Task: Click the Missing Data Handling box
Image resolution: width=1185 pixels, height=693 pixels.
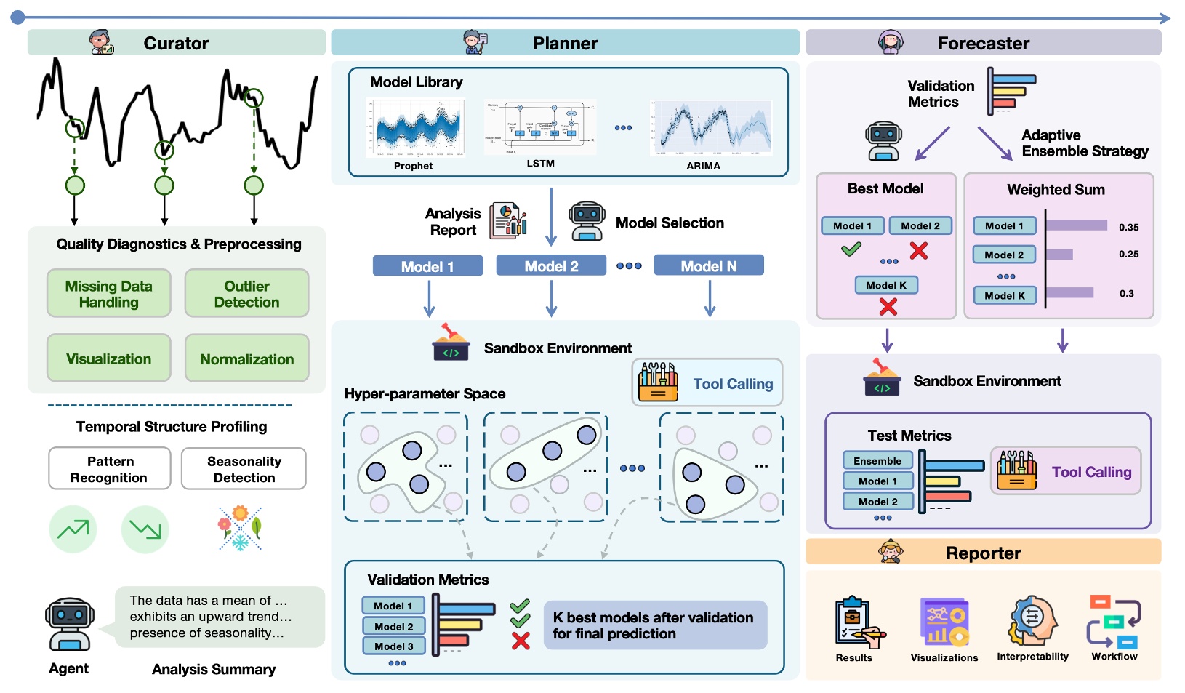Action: (x=109, y=294)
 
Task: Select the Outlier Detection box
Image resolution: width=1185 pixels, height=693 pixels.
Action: (x=246, y=294)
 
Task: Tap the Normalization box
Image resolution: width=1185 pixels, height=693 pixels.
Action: (x=246, y=358)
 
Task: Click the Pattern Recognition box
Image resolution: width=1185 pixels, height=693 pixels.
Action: (x=109, y=469)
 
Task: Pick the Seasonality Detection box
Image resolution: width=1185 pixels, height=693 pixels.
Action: (x=244, y=469)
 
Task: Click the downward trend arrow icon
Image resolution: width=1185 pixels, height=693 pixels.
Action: (x=145, y=529)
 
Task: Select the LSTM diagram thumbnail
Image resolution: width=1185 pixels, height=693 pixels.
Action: (x=540, y=127)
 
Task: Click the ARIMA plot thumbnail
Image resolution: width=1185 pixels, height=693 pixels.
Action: (x=711, y=128)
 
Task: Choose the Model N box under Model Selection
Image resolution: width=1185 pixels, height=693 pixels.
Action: (x=708, y=266)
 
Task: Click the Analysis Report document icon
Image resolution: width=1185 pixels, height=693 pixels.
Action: (x=508, y=220)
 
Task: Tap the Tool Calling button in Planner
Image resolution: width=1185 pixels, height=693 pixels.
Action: (x=707, y=383)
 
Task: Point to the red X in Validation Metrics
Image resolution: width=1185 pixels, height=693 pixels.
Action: (x=521, y=641)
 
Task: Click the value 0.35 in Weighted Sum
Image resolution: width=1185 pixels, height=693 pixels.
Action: (x=1128, y=227)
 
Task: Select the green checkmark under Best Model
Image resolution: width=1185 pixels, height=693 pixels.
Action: (x=851, y=249)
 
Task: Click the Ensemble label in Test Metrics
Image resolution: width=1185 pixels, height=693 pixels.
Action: (x=877, y=461)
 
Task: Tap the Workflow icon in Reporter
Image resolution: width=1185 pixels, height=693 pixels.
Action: (x=1114, y=622)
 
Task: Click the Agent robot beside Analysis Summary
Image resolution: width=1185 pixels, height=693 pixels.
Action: (x=69, y=624)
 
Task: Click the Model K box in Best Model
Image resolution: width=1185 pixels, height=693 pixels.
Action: (x=885, y=285)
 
